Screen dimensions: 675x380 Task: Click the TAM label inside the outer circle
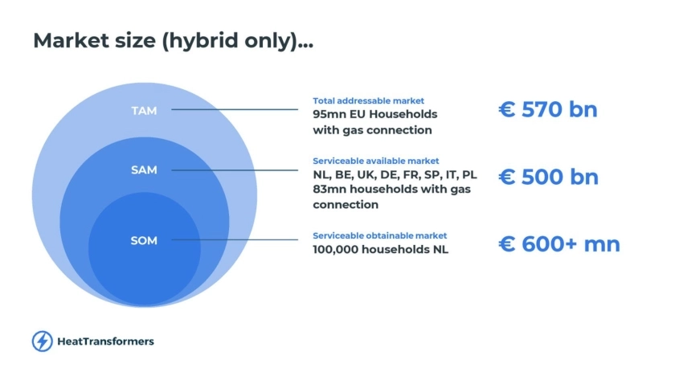pyautogui.click(x=144, y=111)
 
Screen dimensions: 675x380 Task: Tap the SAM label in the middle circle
pyautogui.click(x=144, y=170)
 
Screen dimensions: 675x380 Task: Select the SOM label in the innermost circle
pyautogui.click(x=144, y=240)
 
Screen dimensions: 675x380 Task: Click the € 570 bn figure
pyautogui.click(x=548, y=109)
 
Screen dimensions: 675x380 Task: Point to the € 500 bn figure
pyautogui.click(x=548, y=177)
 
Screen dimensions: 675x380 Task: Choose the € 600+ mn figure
pyautogui.click(x=559, y=244)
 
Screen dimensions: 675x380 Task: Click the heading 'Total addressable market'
pyautogui.click(x=369, y=100)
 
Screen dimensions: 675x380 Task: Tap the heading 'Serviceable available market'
pyautogui.click(x=376, y=161)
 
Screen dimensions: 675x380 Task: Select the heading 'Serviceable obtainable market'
pyautogui.click(x=379, y=236)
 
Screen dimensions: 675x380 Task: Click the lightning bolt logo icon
pyautogui.click(x=42, y=341)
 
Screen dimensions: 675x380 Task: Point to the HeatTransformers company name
pyautogui.click(x=105, y=341)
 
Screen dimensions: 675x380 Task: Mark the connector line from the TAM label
pyautogui.click(x=235, y=109)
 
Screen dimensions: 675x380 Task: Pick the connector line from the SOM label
pyautogui.click(x=235, y=239)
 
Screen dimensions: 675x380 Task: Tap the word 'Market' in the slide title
pyautogui.click(x=71, y=40)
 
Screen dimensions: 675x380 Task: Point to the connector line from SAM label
pyautogui.click(x=235, y=170)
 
